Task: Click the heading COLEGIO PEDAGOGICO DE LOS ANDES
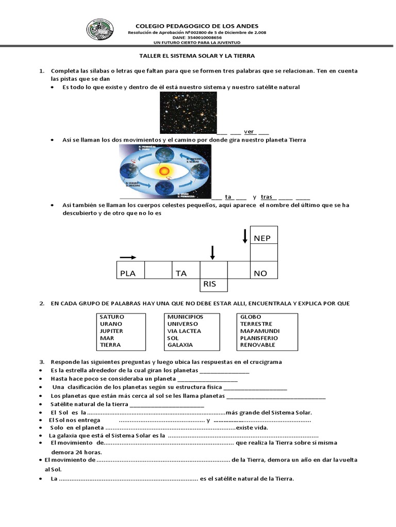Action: coord(196,26)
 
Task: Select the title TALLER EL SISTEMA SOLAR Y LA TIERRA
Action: coord(197,55)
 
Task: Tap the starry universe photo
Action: coord(188,113)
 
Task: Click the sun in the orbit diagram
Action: coord(165,170)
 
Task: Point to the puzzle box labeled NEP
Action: coord(263,238)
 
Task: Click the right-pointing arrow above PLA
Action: coord(128,257)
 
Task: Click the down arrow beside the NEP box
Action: coord(245,236)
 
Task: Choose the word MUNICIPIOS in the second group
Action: coord(185,317)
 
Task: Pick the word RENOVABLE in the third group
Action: coord(257,345)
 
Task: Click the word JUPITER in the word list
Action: coord(111,331)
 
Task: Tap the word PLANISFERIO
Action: coord(259,338)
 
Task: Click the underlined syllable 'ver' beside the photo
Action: coord(250,132)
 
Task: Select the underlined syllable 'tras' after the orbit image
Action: coord(266,197)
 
